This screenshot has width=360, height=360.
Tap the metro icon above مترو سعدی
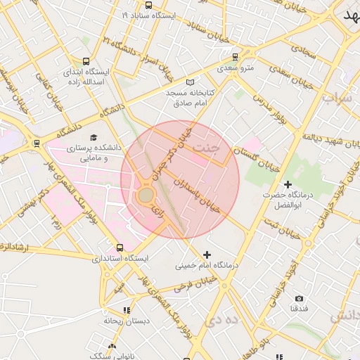[x=235, y=57]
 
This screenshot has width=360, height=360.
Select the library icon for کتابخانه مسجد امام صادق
[x=190, y=82]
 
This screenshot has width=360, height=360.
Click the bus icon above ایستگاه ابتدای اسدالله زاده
[x=86, y=61]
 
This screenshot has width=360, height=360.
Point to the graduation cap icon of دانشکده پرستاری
[x=94, y=138]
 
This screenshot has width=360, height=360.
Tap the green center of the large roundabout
[x=146, y=195]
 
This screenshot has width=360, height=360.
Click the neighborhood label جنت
[x=226, y=148]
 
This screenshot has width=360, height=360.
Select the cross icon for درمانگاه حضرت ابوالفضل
[x=287, y=184]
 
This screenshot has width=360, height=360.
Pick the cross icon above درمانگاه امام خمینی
[x=207, y=255]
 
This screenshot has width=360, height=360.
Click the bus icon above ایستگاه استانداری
[x=120, y=248]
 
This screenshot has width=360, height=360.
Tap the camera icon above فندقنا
[x=299, y=299]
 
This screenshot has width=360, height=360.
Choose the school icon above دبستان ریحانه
[x=127, y=310]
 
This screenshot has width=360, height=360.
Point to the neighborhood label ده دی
[x=222, y=320]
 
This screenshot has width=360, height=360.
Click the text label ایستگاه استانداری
[x=121, y=259]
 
